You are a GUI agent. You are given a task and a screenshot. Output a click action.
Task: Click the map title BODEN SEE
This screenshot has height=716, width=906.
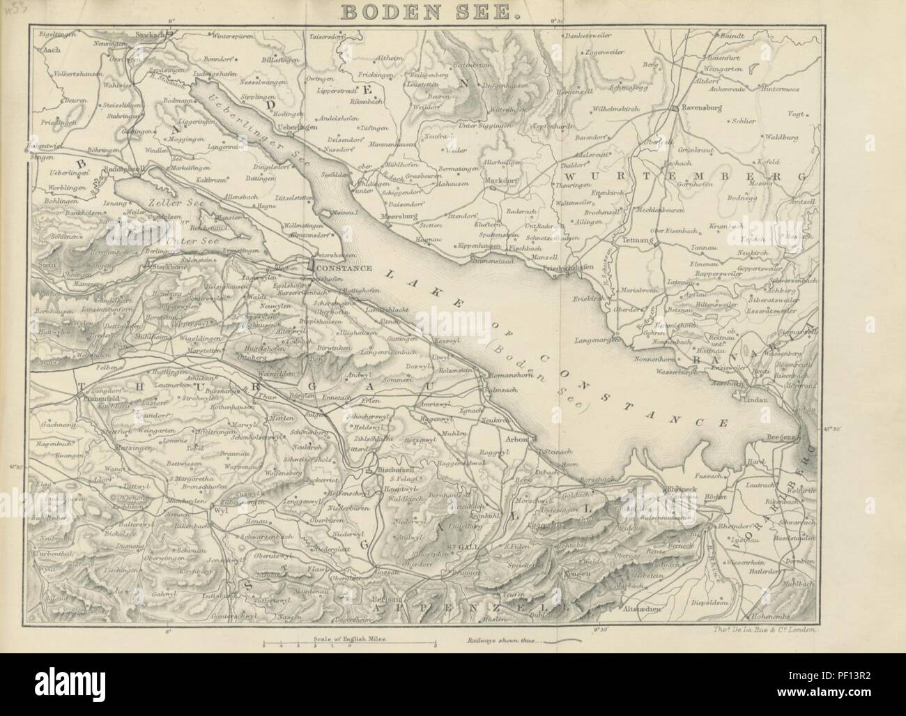tap(453, 13)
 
